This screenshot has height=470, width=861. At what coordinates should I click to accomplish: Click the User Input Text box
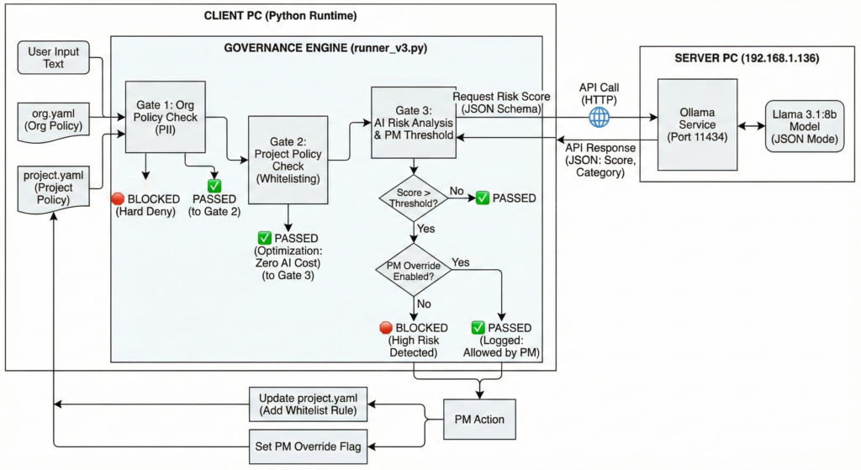(54, 58)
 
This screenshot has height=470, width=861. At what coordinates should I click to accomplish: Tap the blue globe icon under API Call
(600, 117)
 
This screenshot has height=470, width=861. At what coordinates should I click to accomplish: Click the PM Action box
(480, 417)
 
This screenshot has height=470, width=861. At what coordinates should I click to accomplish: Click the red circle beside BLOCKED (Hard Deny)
(119, 198)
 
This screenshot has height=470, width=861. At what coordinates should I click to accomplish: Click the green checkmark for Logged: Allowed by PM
(478, 326)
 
